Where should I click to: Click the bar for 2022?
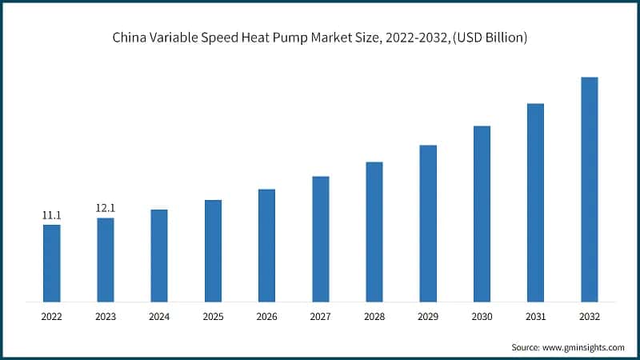coord(51,263)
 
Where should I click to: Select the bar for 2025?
coord(213,250)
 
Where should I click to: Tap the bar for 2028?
coord(374,232)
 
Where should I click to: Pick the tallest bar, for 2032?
coord(590,190)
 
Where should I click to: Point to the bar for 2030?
coord(482,214)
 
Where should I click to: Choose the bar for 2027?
coord(320,239)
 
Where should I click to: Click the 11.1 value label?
coord(51,215)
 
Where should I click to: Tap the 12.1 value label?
coord(105,208)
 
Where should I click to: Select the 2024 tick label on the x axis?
coord(159,317)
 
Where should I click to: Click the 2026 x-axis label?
coord(266,317)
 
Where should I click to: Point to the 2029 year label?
coord(428,317)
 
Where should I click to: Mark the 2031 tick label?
coord(535,317)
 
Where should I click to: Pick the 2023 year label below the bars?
coord(105,317)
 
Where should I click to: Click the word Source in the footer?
coord(526,347)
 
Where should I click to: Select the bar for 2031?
coord(535,202)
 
